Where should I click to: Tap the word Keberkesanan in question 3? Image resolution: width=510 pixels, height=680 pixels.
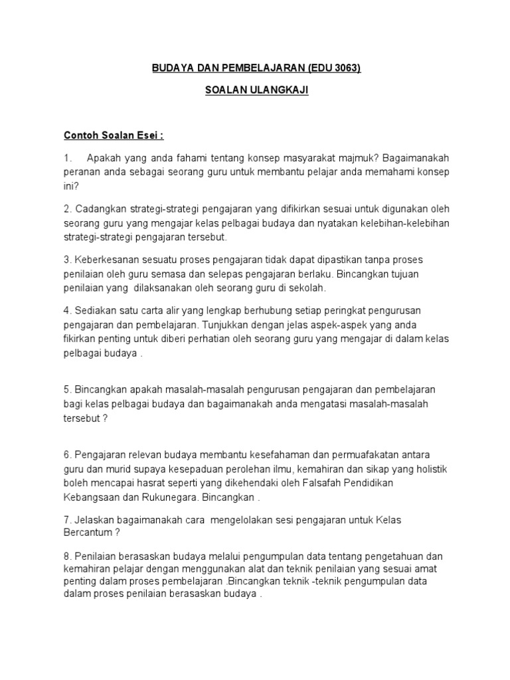[x=106, y=260]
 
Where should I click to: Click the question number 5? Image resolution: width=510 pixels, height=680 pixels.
[x=66, y=389]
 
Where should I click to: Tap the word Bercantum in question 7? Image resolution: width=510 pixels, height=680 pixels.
[x=90, y=533]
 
